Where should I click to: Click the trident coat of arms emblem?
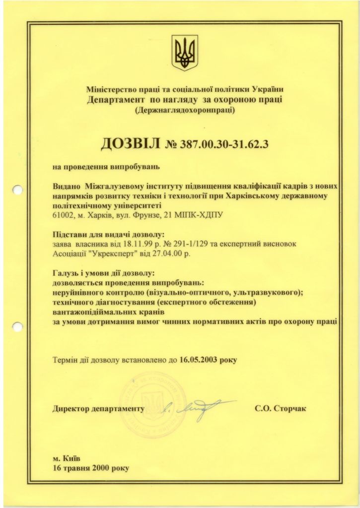(185, 52)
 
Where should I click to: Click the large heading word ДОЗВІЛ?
(131, 144)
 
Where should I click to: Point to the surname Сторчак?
(288, 409)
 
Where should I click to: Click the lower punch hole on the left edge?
(17, 327)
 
